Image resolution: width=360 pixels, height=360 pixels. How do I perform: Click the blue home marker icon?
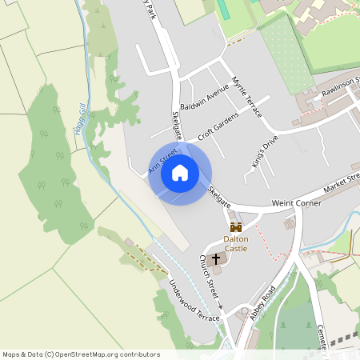pos(180,172)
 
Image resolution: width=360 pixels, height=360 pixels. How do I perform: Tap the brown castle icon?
pos(235,228)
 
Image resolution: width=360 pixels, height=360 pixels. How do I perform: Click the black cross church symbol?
pos(215,260)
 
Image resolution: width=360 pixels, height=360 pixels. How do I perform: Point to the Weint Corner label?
pos(297,204)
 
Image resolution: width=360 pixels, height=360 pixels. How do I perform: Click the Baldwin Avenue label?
pos(205,100)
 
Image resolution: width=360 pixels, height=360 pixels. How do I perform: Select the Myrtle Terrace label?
pos(246,97)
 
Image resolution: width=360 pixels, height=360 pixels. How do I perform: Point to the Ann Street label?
pos(161,158)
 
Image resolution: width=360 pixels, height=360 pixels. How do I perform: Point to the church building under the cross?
pos(216,270)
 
